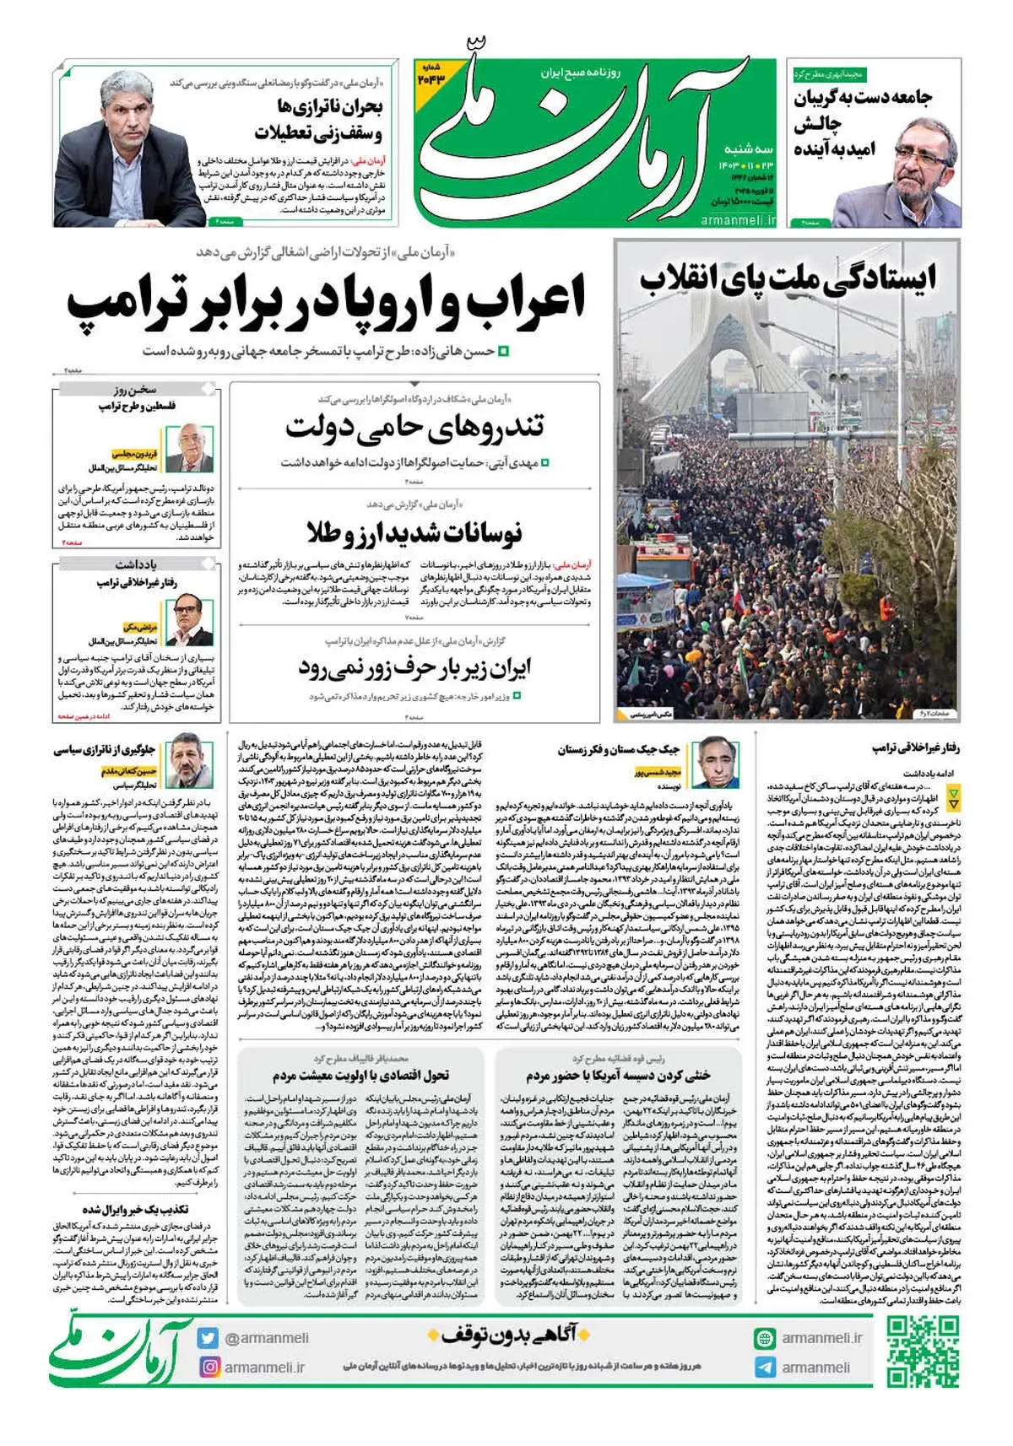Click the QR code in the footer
[924, 1352]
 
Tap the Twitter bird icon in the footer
[209, 1338]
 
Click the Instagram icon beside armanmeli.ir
[209, 1367]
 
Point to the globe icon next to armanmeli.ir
[765, 1338]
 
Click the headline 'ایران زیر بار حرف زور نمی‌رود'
[414, 669]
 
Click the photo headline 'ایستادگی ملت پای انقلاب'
[787, 278]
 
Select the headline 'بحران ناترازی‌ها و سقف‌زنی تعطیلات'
[319, 120]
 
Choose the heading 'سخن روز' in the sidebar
[136, 390]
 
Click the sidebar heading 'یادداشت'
[136, 563]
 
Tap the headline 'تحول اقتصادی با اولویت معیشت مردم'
[360, 1076]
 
